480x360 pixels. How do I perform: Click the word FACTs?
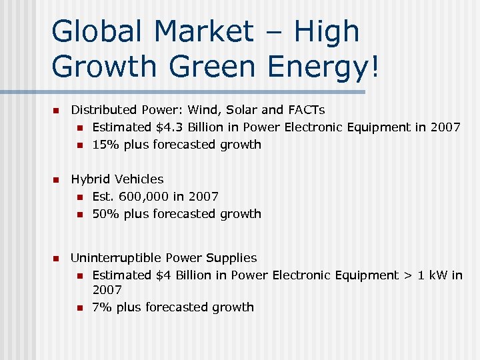coord(306,110)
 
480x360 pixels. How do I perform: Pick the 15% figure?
coord(103,145)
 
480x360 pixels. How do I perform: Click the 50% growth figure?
coord(103,214)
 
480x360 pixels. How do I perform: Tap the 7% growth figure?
coord(101,307)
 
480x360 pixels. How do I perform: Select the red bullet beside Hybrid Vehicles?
coord(57,180)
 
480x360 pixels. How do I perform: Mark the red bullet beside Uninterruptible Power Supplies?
coord(57,259)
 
